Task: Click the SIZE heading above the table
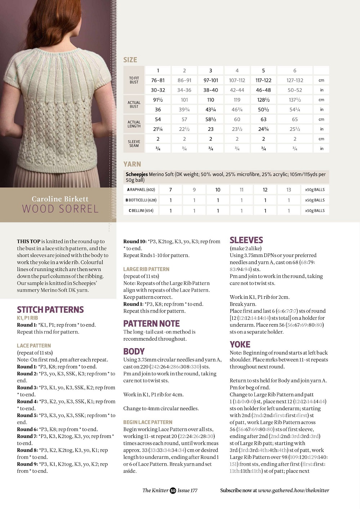(x=130, y=60)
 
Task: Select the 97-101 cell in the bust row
(x=211, y=80)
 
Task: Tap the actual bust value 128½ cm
(x=263, y=100)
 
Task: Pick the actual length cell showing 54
(x=158, y=119)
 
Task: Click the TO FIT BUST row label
(x=134, y=80)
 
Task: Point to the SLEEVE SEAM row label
(x=134, y=143)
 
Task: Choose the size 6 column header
(x=295, y=71)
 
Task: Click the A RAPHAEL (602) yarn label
(x=141, y=190)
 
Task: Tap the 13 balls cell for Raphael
(x=289, y=190)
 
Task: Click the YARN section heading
(x=132, y=164)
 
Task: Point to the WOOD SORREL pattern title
(x=60, y=209)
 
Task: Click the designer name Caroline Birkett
(x=60, y=199)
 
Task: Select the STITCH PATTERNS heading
(x=50, y=310)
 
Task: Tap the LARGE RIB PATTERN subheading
(x=146, y=269)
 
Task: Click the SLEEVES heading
(x=246, y=240)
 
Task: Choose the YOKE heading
(x=240, y=345)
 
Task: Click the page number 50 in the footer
(x=173, y=490)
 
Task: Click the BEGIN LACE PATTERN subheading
(x=148, y=422)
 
